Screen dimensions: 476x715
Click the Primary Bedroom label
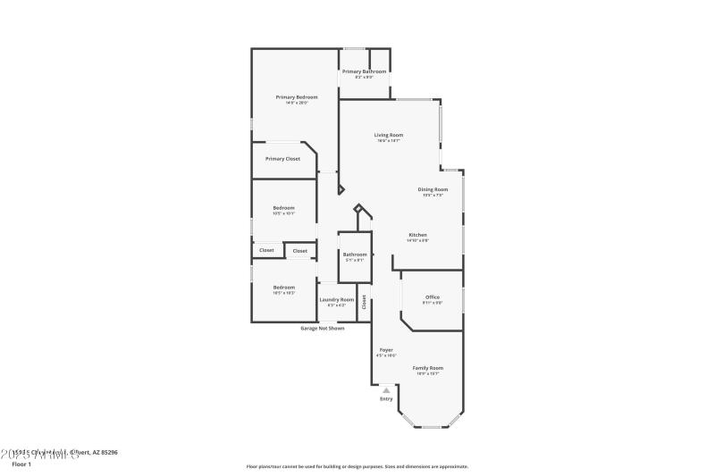click(296, 96)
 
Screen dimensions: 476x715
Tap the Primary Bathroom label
click(364, 71)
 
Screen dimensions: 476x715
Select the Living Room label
click(388, 135)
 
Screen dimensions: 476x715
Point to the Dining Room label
click(433, 188)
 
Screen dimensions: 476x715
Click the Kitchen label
click(417, 235)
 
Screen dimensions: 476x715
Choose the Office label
click(432, 296)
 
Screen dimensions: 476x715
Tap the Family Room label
click(427, 367)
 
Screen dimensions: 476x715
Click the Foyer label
click(386, 349)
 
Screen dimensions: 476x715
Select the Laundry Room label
click(337, 299)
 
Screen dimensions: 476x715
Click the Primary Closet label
click(282, 158)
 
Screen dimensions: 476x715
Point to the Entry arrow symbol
click(386, 390)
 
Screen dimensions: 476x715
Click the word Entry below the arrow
click(386, 399)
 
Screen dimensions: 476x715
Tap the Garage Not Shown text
click(322, 328)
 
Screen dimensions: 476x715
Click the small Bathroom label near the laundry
click(355, 255)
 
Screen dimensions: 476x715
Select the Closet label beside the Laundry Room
click(364, 302)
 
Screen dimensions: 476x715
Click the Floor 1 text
click(21, 465)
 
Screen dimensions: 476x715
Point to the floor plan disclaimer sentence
click(357, 466)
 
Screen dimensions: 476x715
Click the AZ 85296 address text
click(105, 453)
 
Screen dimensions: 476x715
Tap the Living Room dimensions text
click(388, 141)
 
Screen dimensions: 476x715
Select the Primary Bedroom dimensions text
click(296, 103)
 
